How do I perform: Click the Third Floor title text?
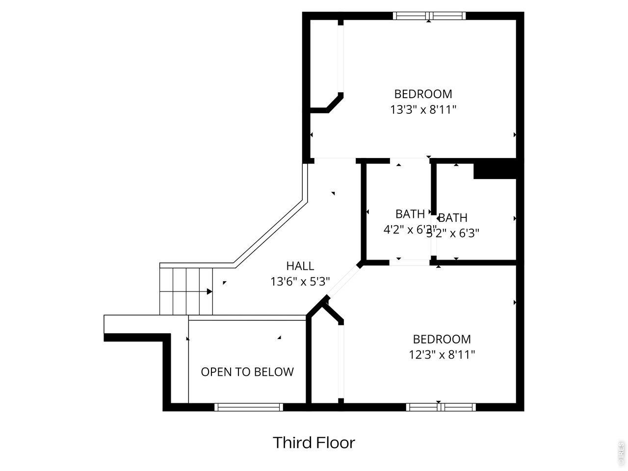314,443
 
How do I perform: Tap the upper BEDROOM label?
423,94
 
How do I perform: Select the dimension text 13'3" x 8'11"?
423,109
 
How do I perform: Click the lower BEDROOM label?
442,339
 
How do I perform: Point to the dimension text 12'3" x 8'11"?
442,354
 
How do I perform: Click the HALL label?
300,266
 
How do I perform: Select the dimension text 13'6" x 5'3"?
300,282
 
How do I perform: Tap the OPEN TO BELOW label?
247,372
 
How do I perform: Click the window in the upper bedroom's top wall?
429,16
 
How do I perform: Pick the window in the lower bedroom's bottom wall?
441,407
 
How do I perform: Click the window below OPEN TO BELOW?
249,407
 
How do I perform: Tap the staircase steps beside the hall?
185,291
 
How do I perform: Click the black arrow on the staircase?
209,291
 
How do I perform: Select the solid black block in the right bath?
495,169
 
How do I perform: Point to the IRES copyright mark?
621,453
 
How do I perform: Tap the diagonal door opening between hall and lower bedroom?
343,281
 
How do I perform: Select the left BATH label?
410,214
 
